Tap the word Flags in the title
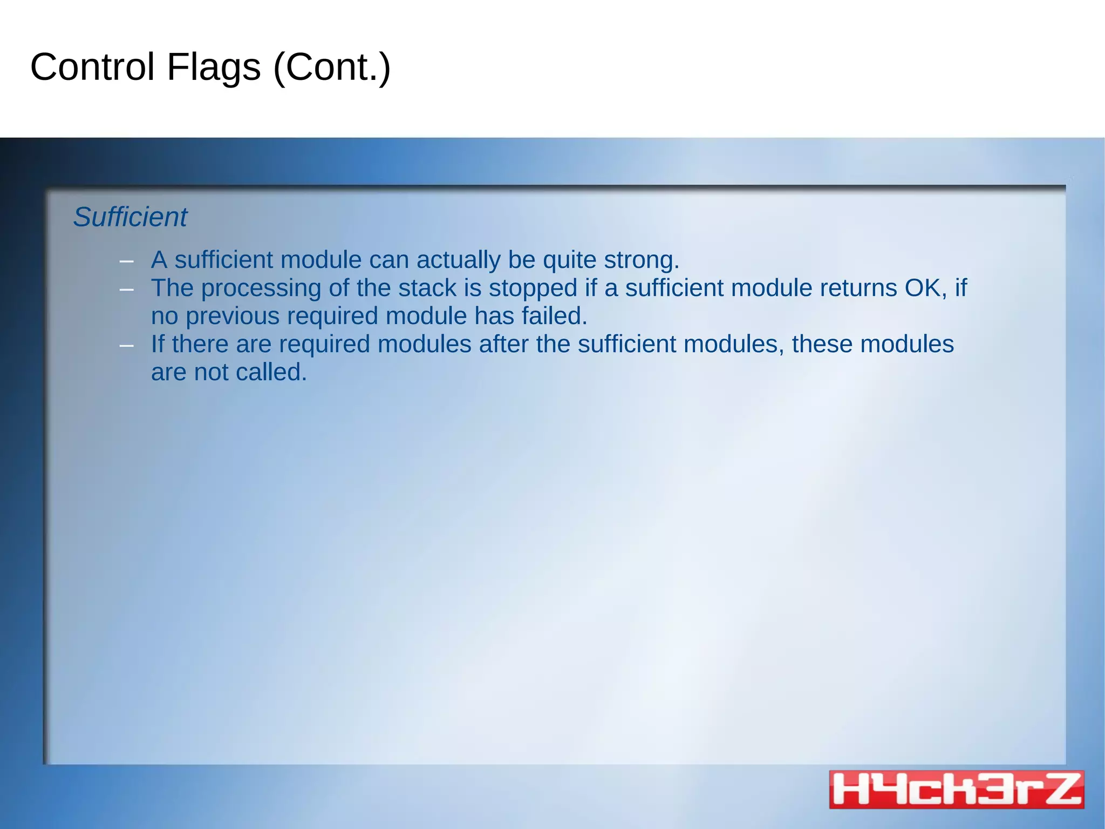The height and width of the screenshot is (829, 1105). pos(214,67)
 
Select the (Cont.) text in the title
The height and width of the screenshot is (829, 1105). pos(332,68)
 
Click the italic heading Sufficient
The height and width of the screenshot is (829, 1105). pos(130,217)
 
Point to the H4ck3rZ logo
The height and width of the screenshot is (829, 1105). pos(956,789)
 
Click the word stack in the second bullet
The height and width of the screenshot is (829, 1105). pos(427,288)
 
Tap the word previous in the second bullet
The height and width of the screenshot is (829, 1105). pos(232,316)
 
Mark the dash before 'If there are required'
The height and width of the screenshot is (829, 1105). pos(126,346)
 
